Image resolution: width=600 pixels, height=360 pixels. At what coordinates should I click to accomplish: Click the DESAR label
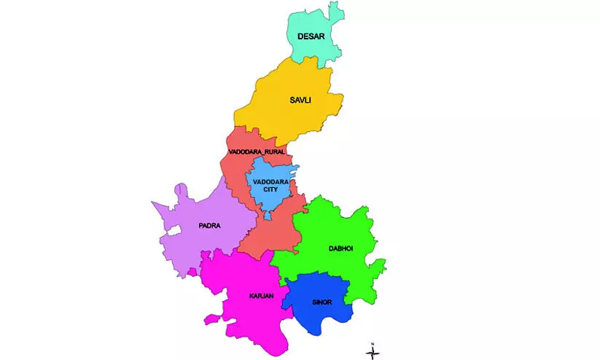pos(311,36)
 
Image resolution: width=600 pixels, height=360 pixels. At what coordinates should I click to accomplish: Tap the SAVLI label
pos(300,100)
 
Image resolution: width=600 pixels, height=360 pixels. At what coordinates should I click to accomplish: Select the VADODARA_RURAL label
pos(256,152)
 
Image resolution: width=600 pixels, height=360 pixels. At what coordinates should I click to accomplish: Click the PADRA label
pos(209,225)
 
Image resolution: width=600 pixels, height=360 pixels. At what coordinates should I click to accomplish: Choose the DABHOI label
pos(339,249)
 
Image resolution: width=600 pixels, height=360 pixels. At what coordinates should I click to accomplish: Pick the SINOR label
pos(321,301)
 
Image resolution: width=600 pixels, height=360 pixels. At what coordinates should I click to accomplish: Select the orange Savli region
pos(284,117)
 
